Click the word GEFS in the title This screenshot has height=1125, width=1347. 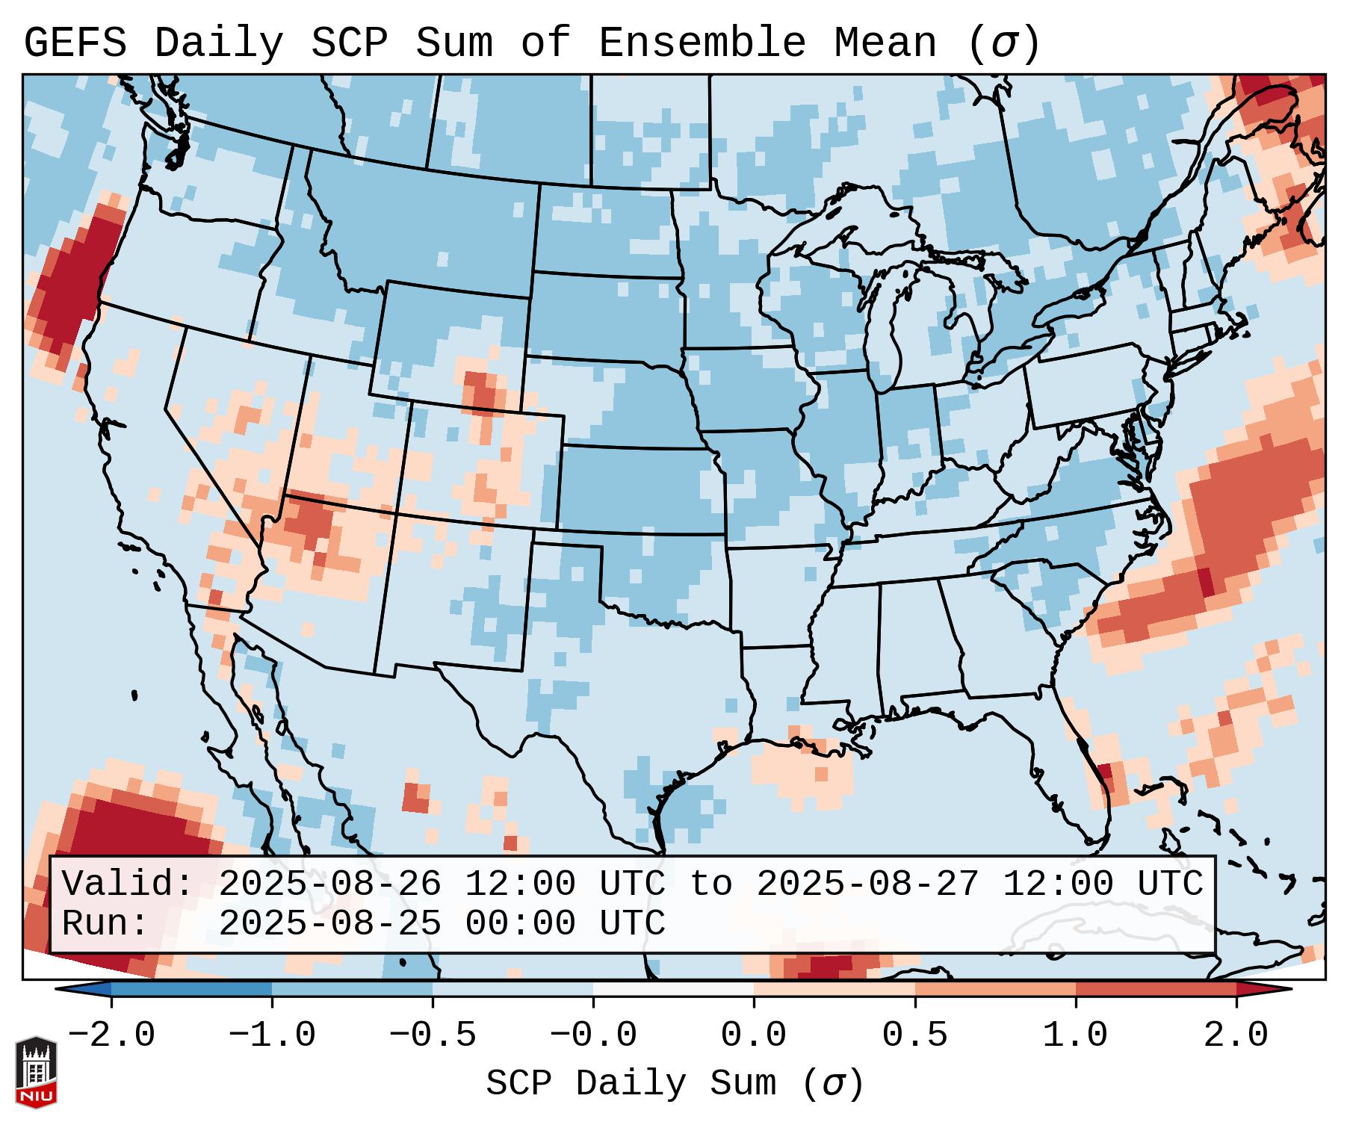click(x=75, y=43)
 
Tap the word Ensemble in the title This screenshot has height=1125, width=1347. click(x=702, y=43)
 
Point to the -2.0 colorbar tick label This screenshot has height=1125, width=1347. click(x=111, y=1035)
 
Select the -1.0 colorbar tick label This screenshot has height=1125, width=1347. click(x=272, y=1035)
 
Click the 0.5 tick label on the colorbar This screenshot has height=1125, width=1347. click(x=915, y=1035)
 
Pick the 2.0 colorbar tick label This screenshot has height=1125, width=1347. click(x=1236, y=1035)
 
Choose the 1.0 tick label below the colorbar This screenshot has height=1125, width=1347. click(x=1076, y=1035)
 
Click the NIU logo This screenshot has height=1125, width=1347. click(x=36, y=1072)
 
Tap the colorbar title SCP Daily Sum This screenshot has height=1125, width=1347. click(x=635, y=1084)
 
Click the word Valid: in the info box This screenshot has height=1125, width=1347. click(x=128, y=884)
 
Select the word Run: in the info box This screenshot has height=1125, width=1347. click(x=105, y=924)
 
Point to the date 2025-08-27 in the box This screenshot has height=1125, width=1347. click(x=867, y=884)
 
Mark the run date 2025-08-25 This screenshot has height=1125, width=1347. click(x=329, y=924)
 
